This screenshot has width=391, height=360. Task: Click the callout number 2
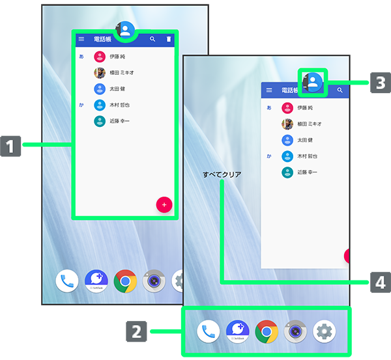pyautogui.click(x=136, y=331)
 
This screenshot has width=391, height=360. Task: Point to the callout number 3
pyautogui.click(x=380, y=83)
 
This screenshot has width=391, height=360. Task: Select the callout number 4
pyautogui.click(x=380, y=283)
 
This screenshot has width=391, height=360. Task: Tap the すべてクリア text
pyautogui.click(x=222, y=174)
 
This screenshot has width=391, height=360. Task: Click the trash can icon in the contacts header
pyautogui.click(x=169, y=40)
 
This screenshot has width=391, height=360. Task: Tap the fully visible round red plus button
pyautogui.click(x=164, y=204)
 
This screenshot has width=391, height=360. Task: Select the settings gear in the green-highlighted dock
pyautogui.click(x=324, y=331)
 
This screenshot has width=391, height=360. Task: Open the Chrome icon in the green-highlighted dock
pyautogui.click(x=267, y=331)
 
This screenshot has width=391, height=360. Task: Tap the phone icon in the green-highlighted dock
pyautogui.click(x=209, y=331)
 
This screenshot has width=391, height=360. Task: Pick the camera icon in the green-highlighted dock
pyautogui.click(x=295, y=331)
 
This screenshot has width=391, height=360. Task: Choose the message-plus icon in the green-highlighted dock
pyautogui.click(x=237, y=331)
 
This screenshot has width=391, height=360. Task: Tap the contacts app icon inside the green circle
pyautogui.click(x=126, y=29)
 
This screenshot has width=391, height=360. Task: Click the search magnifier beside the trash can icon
pyautogui.click(x=152, y=40)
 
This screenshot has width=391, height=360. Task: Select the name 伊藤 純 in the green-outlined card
pyautogui.click(x=119, y=57)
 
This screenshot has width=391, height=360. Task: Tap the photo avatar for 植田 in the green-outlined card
pyautogui.click(x=100, y=73)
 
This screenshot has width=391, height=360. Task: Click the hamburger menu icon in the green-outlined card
pyautogui.click(x=81, y=40)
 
